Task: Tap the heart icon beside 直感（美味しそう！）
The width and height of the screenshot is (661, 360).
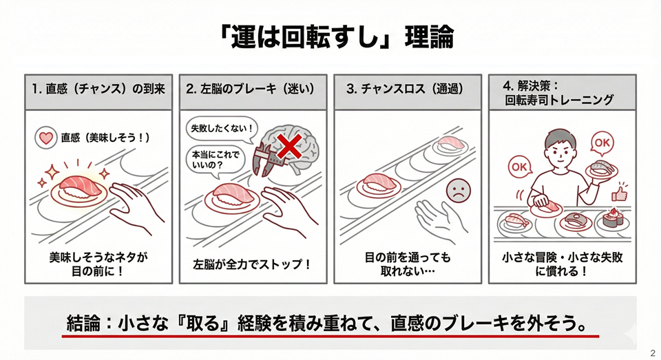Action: (47, 138)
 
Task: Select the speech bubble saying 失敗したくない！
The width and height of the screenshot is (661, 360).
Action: (220, 128)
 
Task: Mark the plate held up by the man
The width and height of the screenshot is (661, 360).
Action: (600, 169)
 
